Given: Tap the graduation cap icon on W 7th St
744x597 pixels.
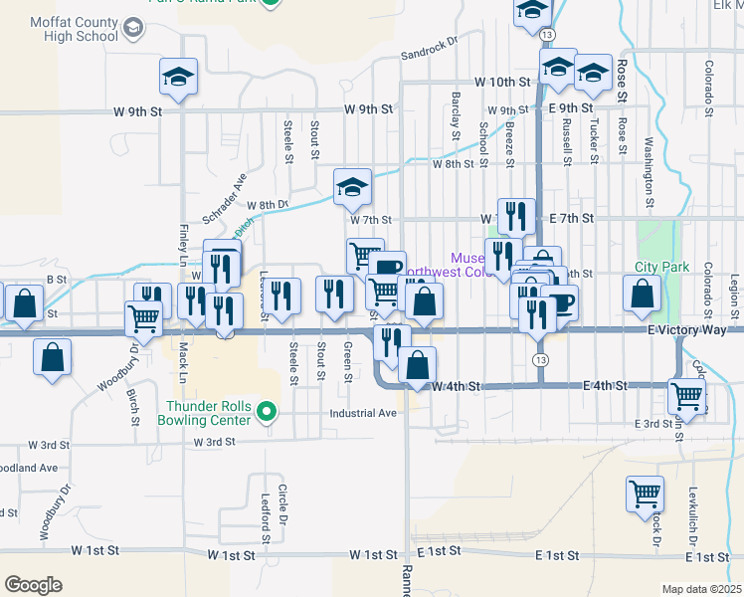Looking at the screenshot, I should (352, 185).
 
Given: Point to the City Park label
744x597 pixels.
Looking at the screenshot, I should (662, 268).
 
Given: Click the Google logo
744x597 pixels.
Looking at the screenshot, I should (33, 585).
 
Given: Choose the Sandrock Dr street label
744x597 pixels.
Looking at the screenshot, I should (428, 49).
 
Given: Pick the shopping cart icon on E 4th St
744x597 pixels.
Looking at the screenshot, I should (686, 395).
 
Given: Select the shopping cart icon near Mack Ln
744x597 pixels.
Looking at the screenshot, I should (144, 318).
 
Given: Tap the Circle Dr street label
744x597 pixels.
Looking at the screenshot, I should (282, 506).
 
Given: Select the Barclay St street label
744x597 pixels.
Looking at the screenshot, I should (457, 110).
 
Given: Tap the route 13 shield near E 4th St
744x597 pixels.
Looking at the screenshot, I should (541, 358).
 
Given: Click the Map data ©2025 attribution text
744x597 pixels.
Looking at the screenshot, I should (701, 589).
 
